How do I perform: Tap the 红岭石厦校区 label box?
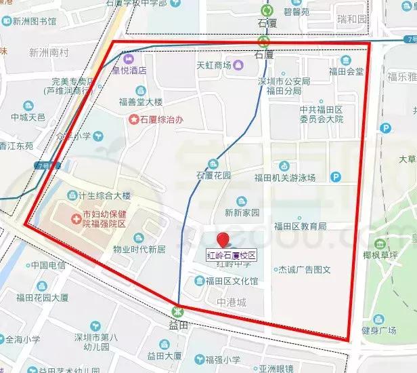coord(232,256)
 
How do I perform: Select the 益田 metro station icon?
coord(177,311)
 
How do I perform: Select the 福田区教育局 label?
coord(300,226)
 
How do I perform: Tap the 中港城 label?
coord(232,302)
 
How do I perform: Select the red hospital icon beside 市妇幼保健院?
coord(74,219)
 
